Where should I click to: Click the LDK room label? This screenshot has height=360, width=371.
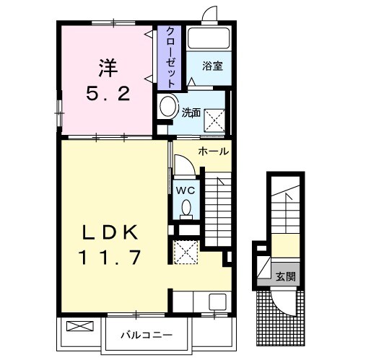click(110, 232)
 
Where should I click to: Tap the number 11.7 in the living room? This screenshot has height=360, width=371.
click(110, 258)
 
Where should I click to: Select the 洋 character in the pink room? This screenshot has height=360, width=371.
click(108, 68)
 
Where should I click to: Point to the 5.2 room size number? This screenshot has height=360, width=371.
click(108, 94)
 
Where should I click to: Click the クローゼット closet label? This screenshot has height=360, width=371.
click(170, 58)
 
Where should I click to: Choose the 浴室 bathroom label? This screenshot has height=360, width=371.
click(212, 66)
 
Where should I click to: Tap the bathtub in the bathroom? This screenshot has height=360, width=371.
click(209, 38)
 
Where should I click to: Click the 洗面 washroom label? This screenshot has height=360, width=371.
click(191, 113)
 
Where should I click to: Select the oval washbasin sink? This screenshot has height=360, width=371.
click(168, 107)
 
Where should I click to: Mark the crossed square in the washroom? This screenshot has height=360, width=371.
click(214, 120)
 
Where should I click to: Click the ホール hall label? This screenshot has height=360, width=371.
click(213, 152)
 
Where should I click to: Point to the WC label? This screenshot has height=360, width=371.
click(185, 190)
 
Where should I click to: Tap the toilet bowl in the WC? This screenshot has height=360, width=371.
click(186, 208)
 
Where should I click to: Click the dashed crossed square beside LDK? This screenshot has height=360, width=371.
click(185, 252)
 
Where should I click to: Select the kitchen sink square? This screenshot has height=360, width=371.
click(217, 302)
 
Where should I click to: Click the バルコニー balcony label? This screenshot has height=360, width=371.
click(147, 335)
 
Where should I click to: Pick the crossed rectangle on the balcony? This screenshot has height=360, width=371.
click(79, 326)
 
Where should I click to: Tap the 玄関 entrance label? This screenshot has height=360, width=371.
click(286, 276)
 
